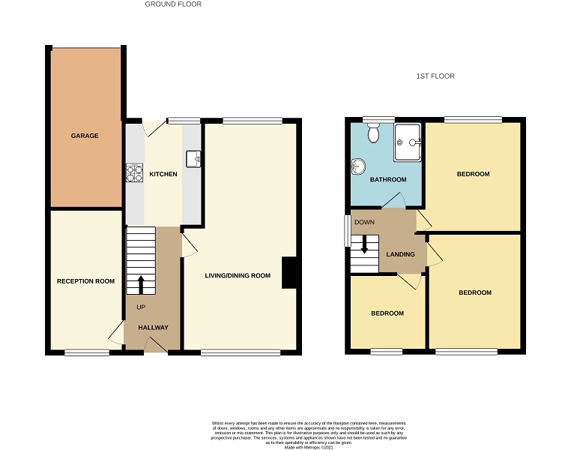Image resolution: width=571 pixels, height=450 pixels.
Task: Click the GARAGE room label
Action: pyautogui.click(x=85, y=136)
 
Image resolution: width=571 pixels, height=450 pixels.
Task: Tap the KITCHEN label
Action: pyautogui.click(x=163, y=174)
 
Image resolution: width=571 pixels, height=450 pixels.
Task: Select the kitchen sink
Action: pyautogui.click(x=193, y=157)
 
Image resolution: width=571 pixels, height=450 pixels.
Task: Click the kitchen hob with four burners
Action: pyautogui.click(x=135, y=173)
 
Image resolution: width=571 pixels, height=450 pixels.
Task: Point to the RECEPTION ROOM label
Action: pyautogui.click(x=85, y=281)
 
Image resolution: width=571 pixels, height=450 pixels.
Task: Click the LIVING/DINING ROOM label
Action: pyautogui.click(x=238, y=275)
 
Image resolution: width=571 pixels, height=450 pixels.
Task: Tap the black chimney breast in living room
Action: pyautogui.click(x=289, y=273)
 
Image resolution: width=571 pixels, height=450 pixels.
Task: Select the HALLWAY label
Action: pyautogui.click(x=153, y=327)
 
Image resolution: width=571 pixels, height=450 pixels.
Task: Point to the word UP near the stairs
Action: pyautogui.click(x=141, y=307)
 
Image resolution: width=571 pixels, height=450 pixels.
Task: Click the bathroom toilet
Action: pyautogui.click(x=374, y=133)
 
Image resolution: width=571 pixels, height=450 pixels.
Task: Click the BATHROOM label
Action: pyautogui.click(x=388, y=179)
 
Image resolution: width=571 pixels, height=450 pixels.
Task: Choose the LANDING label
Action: pyautogui.click(x=400, y=254)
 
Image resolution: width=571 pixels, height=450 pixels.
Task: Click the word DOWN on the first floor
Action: pyautogui.click(x=364, y=222)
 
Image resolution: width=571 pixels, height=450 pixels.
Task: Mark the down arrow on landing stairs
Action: pyautogui.click(x=365, y=245)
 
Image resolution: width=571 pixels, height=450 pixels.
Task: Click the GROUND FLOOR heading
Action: pyautogui.click(x=173, y=4)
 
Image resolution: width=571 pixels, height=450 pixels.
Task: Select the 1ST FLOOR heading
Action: pyautogui.click(x=435, y=76)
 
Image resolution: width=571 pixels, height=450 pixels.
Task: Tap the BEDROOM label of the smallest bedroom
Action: pyautogui.click(x=387, y=313)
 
